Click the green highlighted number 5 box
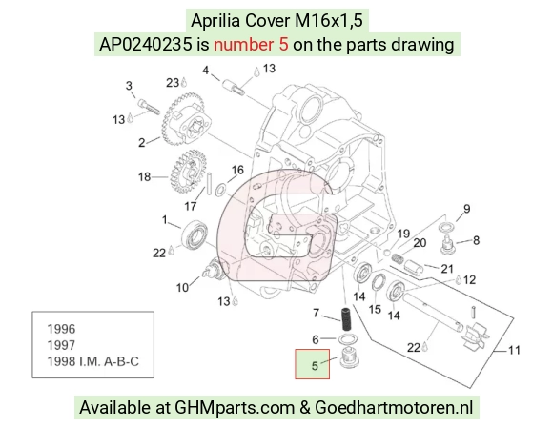312,364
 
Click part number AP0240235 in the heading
146,45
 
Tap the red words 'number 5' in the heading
251,45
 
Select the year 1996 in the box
61,329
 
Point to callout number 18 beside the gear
144,176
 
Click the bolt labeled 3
149,107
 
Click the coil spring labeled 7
346,319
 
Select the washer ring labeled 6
347,339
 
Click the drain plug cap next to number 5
349,357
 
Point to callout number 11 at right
514,350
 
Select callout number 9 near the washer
466,209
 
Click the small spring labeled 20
398,258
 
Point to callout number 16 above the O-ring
237,170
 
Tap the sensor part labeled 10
215,268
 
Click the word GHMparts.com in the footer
235,408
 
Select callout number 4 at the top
206,71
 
